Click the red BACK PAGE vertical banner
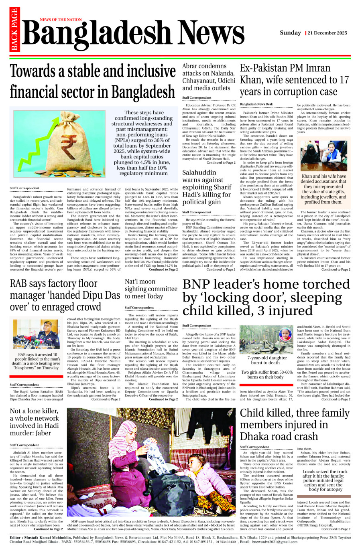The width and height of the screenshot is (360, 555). tap(14, 30)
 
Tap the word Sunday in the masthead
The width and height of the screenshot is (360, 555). tap(290, 33)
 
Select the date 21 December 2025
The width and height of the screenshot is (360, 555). tap(327, 33)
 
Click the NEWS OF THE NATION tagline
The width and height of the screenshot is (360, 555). tap(61, 20)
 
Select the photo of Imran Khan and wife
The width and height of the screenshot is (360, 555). tap(323, 155)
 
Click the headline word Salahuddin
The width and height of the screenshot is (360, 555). tap(199, 173)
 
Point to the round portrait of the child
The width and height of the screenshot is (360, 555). tap(286, 334)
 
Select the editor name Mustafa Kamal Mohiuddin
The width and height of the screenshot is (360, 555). tap(50, 537)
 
